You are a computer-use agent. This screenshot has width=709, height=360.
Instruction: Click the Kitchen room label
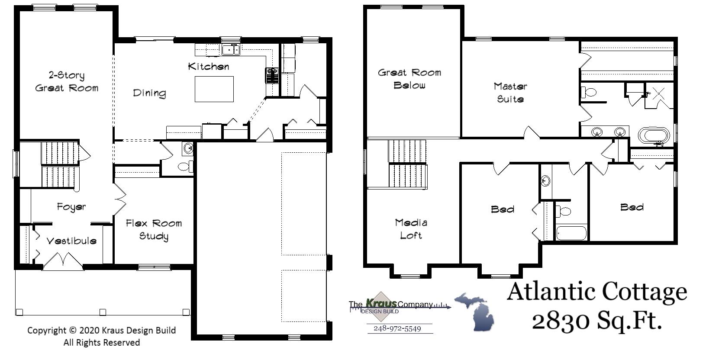coord(208,66)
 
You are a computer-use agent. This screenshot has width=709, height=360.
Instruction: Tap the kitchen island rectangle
coord(214,89)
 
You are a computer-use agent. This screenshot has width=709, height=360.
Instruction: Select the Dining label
coord(149,93)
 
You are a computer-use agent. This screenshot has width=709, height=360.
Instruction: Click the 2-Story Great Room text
coord(66,81)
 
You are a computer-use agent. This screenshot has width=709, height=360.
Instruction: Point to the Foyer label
coord(71,207)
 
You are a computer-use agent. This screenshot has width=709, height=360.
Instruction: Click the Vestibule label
coord(71,241)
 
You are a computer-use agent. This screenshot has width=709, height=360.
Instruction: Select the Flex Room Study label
coord(154,229)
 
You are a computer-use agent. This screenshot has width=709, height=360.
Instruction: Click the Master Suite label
coord(510,92)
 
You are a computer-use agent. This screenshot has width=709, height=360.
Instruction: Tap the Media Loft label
coord(411,228)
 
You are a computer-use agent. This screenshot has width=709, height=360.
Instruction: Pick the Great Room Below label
coord(409,79)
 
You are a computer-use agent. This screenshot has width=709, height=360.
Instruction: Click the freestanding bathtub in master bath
coord(654,135)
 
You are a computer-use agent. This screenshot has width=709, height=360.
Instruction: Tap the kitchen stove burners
coord(271,75)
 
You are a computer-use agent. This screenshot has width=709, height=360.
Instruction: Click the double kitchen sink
coord(231,50)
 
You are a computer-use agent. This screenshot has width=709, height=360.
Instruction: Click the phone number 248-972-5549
coord(397,328)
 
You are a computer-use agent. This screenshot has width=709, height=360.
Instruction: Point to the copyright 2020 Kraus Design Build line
coord(101,330)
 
